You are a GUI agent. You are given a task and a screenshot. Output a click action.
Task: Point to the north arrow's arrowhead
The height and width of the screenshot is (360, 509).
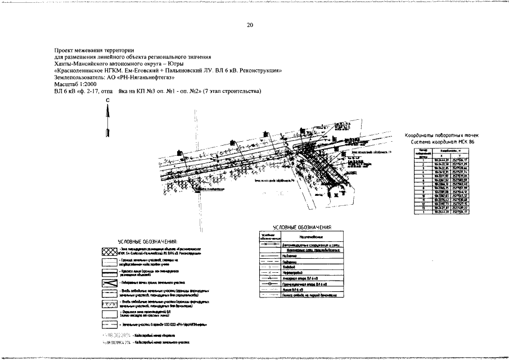[x=107, y=110]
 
